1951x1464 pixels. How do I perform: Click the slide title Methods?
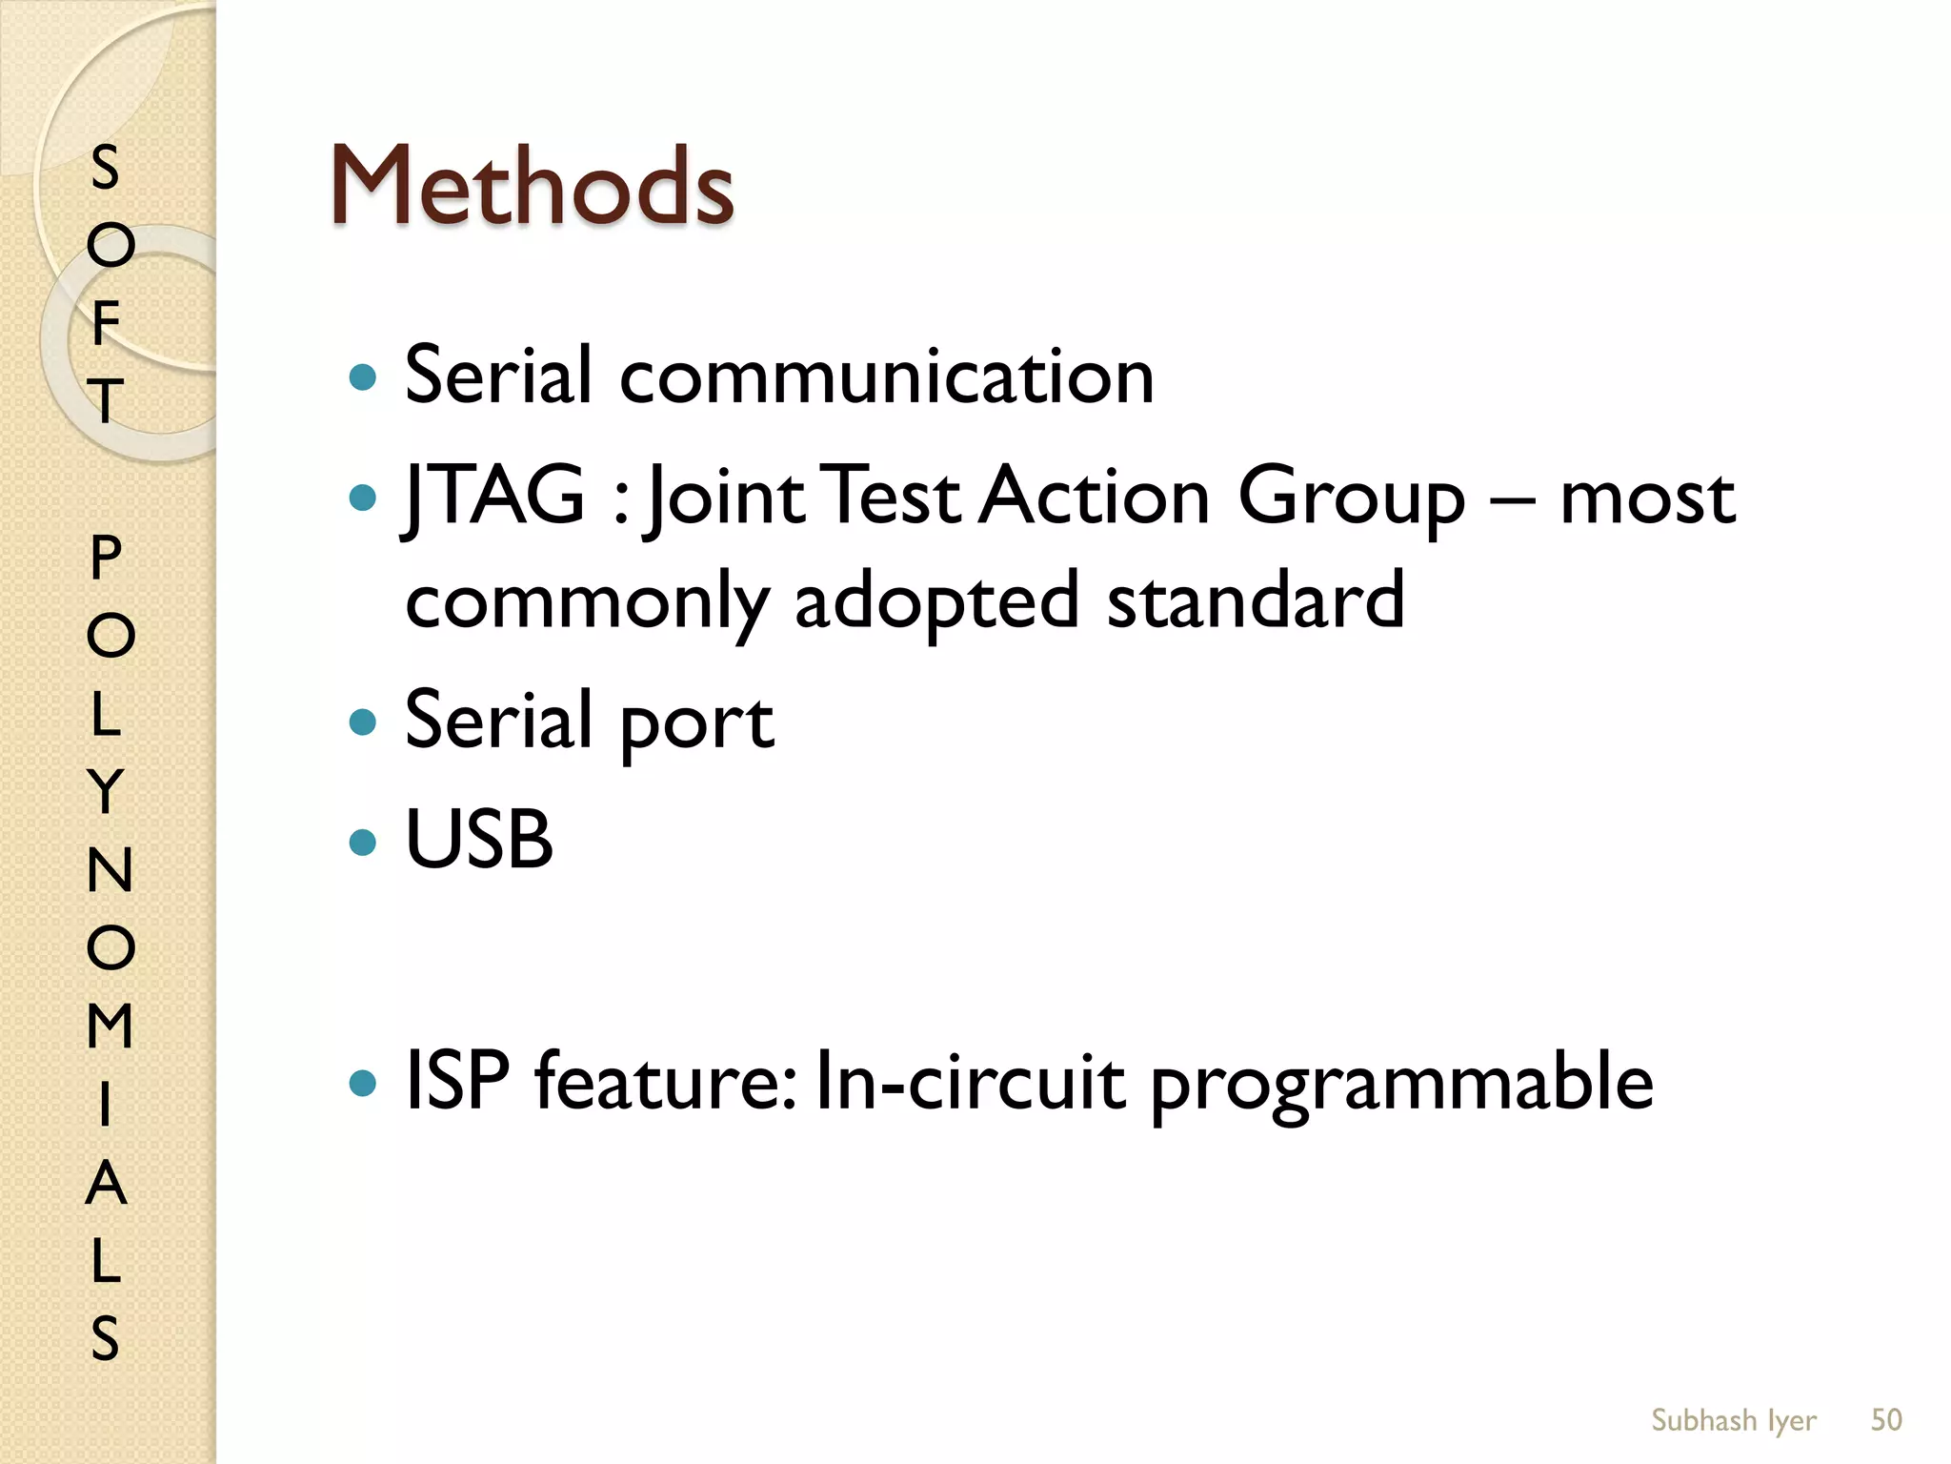(x=532, y=187)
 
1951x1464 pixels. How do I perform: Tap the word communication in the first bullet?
(x=887, y=376)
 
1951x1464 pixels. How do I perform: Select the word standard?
(x=1256, y=600)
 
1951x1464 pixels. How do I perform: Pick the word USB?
(x=479, y=839)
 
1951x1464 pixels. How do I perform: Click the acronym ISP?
(x=457, y=1081)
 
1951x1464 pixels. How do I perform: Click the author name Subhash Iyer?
(x=1733, y=1419)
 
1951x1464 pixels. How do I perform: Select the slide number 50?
(x=1886, y=1419)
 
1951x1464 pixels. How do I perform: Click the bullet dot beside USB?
(x=363, y=841)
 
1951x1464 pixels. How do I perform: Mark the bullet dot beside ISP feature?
(x=363, y=1083)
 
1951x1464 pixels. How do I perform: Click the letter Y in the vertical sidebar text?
(x=106, y=791)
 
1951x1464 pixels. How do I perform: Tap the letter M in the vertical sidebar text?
(x=110, y=1026)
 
